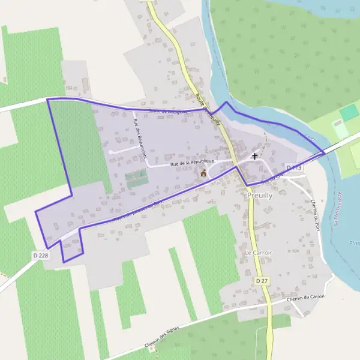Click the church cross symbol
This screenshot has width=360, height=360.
[254, 156]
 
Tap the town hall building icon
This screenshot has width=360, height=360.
[203, 173]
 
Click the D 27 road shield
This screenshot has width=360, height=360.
[261, 281]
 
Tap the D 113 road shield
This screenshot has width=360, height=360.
[294, 167]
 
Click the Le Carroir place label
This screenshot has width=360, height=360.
[258, 253]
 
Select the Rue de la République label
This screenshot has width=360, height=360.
[192, 163]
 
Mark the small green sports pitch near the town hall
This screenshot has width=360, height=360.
[136, 177]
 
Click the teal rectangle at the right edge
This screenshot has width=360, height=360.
[349, 112]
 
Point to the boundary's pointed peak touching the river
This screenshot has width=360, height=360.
[226, 103]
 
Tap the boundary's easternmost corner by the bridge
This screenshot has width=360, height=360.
[325, 154]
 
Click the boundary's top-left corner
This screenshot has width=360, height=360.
[47, 98]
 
